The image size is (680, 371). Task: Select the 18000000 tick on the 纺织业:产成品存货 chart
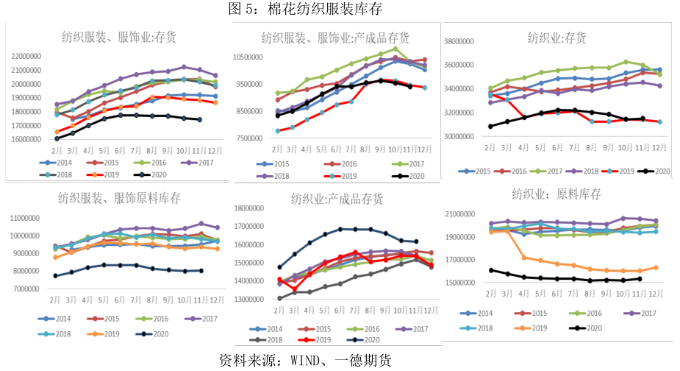coord(250,208)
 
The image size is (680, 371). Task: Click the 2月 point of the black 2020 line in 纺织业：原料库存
coord(491,270)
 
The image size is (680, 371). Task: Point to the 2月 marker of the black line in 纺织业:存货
coord(491,126)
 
